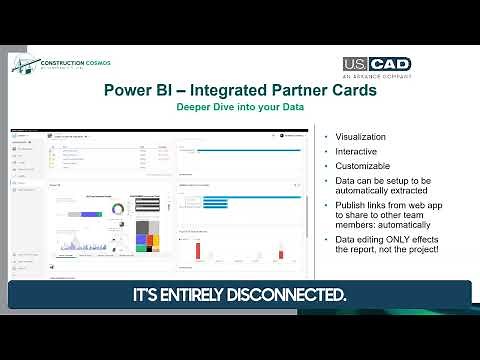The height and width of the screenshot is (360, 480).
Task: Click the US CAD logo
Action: pos(377,63)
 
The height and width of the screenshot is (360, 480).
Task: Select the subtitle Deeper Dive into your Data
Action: pos(240,106)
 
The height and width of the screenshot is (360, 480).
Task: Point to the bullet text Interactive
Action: pos(357,151)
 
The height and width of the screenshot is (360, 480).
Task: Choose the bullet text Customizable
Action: pos(363,165)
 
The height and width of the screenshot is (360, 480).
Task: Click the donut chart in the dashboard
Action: pos(118,208)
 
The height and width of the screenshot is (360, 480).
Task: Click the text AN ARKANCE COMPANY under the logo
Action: pos(377,75)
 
